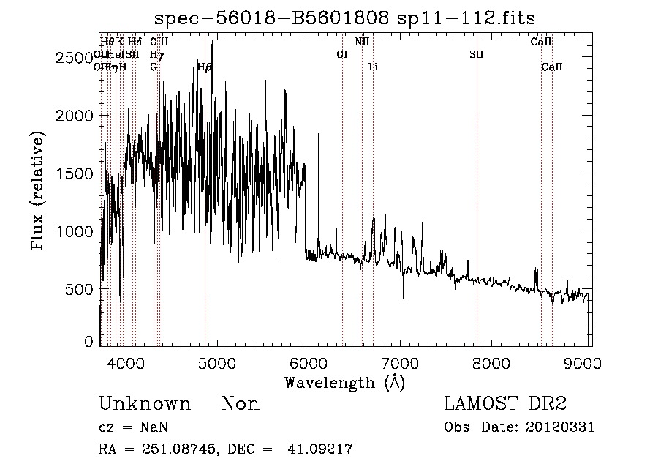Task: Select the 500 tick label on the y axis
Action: coord(80,289)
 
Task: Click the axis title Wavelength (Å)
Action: coord(344,381)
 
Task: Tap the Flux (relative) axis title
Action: coord(37,190)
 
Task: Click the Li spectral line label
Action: coord(373,67)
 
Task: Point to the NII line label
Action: coord(362,42)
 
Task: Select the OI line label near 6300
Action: coord(341,55)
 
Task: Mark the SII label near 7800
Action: coord(477,55)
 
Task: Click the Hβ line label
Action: coord(205,67)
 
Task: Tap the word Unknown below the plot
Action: coord(145,404)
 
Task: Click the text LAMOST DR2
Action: coord(505,403)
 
